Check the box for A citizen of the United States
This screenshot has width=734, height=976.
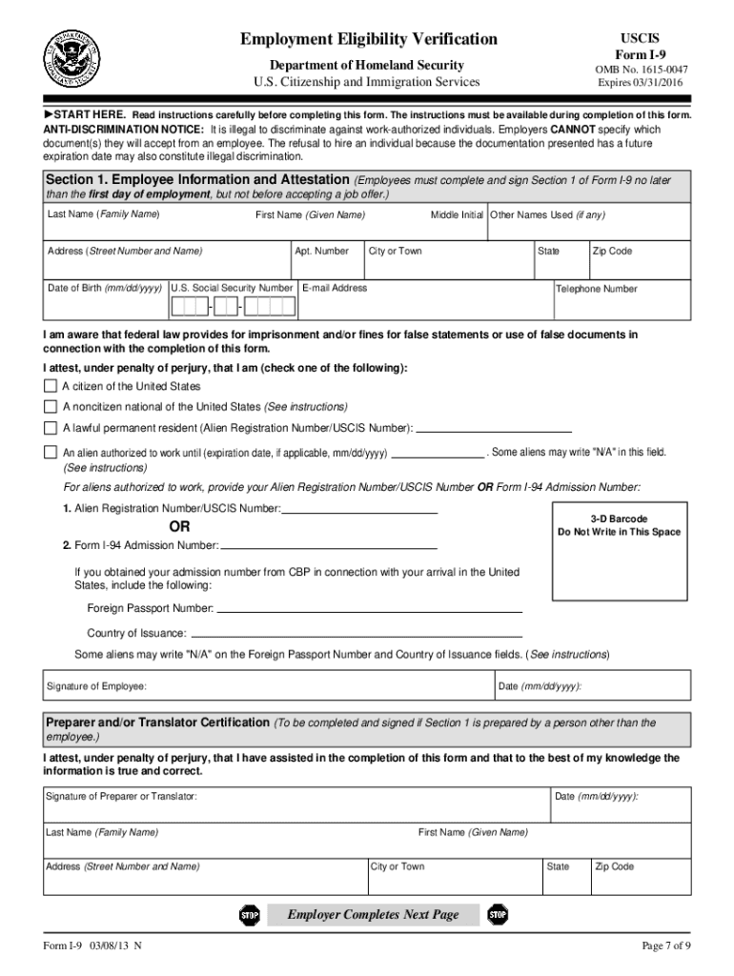click(x=50, y=386)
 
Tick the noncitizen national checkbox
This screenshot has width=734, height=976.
click(x=50, y=406)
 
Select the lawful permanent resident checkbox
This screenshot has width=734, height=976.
click(x=50, y=427)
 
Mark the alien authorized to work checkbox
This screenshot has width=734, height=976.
click(x=50, y=452)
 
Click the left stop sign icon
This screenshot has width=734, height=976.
click(x=250, y=915)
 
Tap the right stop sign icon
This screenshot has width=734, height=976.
click(x=498, y=915)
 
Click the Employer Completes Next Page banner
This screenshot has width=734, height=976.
click(x=374, y=915)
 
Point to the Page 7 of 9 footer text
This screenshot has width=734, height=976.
click(x=666, y=945)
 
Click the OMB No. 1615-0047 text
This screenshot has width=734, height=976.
click(x=642, y=70)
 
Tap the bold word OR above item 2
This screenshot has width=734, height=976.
click(x=179, y=527)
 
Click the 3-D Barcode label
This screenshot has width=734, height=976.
click(x=619, y=519)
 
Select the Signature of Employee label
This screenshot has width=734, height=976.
click(x=97, y=686)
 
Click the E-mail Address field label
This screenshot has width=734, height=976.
click(x=335, y=288)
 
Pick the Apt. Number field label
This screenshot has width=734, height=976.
click(x=322, y=252)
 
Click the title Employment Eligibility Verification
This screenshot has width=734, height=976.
click(x=368, y=39)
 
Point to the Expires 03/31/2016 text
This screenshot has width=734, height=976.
click(x=642, y=83)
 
